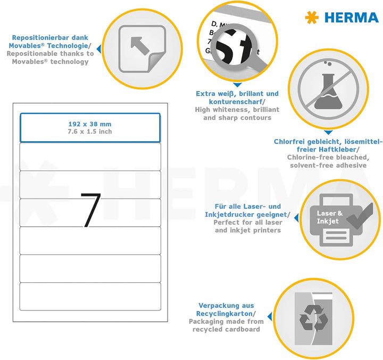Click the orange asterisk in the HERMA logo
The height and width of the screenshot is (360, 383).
tap(312, 18)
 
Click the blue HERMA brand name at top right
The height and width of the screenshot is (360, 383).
tap(352, 18)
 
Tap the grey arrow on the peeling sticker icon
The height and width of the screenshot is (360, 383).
tap(140, 46)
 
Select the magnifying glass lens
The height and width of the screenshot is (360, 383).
tap(231, 46)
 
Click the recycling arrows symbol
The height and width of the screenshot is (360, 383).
tap(314, 318)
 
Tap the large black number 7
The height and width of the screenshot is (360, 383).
tap(90, 210)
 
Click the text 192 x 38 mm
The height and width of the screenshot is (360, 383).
tap(90, 124)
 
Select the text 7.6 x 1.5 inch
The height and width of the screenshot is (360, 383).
tap(90, 132)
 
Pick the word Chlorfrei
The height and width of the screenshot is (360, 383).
tap(290, 142)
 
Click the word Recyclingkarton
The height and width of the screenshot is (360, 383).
tap(224, 314)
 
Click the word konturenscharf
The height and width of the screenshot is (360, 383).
tap(236, 102)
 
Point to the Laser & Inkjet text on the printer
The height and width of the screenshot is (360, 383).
tap(330, 217)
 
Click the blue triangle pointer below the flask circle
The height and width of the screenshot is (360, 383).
tap(328, 132)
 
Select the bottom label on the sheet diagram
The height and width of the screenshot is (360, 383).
tap(90, 297)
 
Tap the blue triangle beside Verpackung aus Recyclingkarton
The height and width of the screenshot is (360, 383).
tap(270, 316)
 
